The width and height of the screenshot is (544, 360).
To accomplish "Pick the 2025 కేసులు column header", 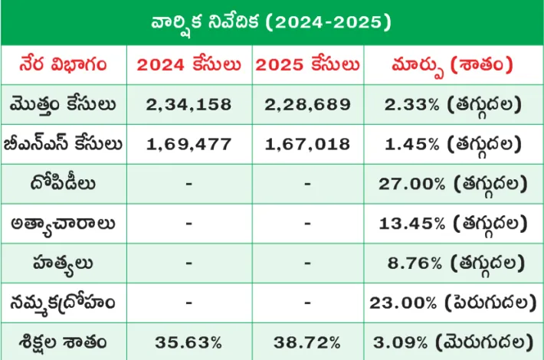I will pos(307,64).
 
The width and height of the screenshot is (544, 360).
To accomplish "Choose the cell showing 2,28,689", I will pos(307,104).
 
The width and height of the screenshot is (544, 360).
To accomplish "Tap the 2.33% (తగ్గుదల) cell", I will pos(454,104).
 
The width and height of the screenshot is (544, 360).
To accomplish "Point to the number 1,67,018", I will pos(307,144).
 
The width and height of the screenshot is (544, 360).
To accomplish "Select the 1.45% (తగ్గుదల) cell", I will pos(454,144).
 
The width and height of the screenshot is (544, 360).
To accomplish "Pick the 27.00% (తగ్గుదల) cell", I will pos(454,184).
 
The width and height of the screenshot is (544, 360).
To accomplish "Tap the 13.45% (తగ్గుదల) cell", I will pos(454,224).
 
